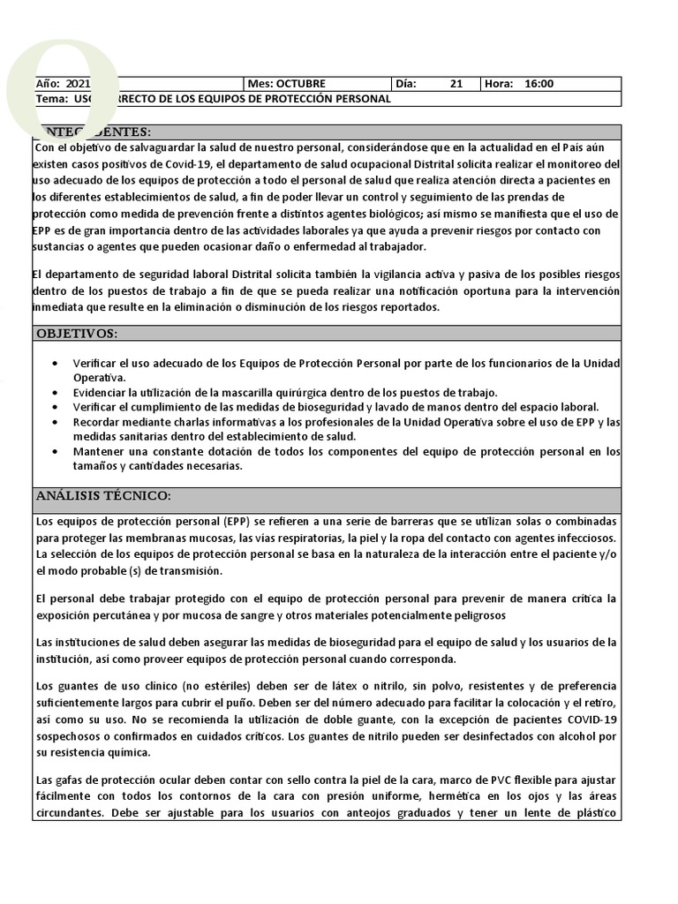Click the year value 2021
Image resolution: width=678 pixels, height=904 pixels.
click(78, 84)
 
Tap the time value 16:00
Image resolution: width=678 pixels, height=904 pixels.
click(539, 84)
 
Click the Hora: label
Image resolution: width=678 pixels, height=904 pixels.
click(499, 84)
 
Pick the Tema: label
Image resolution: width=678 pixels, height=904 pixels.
click(51, 99)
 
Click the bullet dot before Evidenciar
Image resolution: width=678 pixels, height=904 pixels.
click(56, 393)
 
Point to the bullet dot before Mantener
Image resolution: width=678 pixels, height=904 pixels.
click(56, 451)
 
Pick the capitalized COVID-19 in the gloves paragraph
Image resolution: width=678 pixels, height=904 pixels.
click(592, 719)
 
